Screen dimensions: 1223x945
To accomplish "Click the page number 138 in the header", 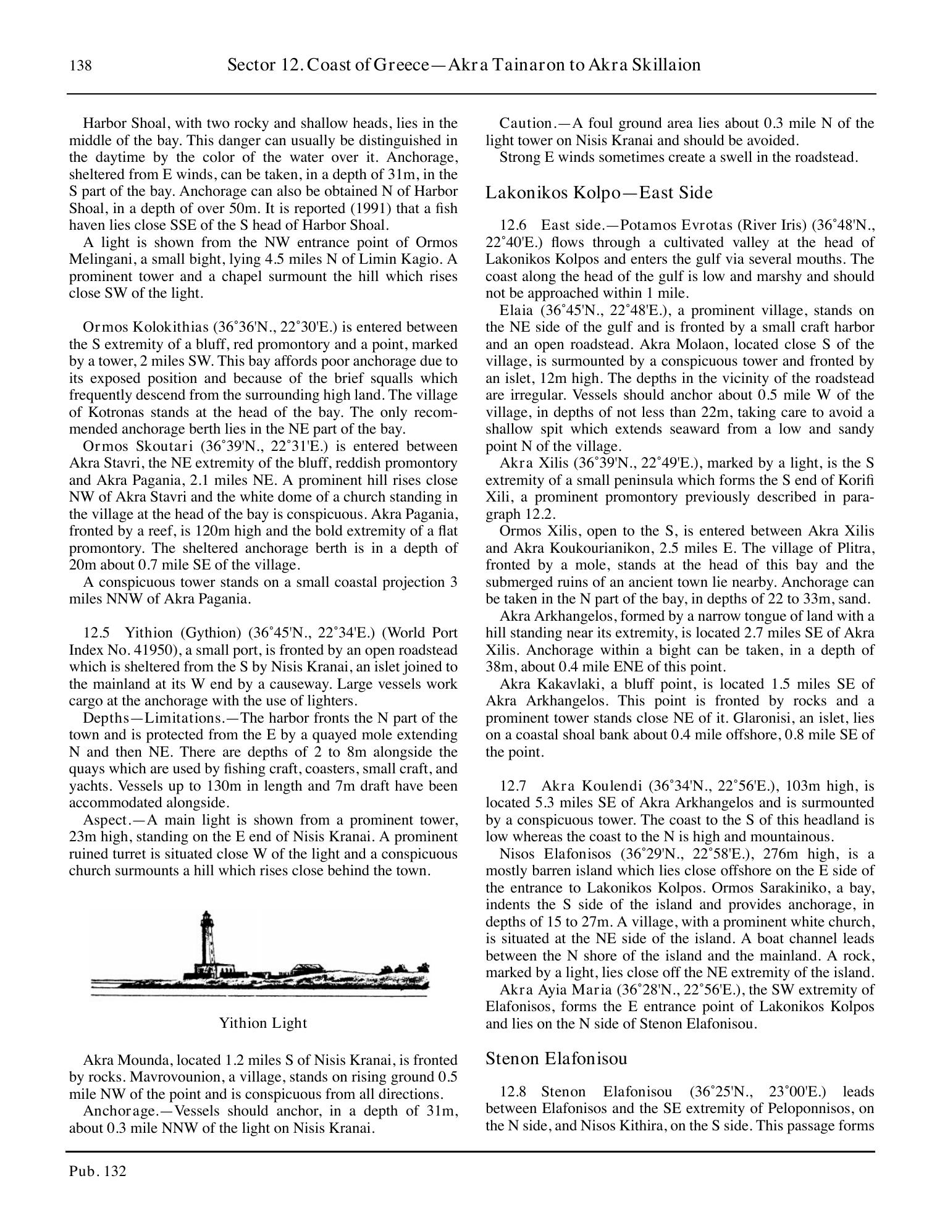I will click(80, 65).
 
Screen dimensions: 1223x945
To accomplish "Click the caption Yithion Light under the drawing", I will click(262, 1023).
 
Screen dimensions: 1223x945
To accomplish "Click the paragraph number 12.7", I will click(513, 786).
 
